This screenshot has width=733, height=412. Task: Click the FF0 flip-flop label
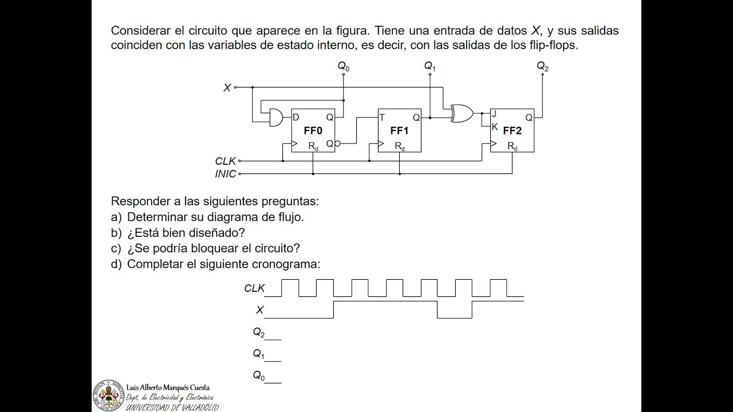pyautogui.click(x=313, y=131)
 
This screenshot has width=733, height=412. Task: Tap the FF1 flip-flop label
pyautogui.click(x=399, y=131)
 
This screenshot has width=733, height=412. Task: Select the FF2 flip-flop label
pyautogui.click(x=512, y=131)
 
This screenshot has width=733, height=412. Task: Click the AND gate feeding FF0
pyautogui.click(x=276, y=117)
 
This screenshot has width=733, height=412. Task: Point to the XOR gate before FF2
pyautogui.click(x=462, y=113)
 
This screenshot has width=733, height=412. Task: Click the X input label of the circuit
pyautogui.click(x=227, y=88)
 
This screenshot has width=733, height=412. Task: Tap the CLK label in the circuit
pyautogui.click(x=225, y=161)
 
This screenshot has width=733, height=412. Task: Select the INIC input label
pyautogui.click(x=225, y=174)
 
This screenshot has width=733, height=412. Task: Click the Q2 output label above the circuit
pyautogui.click(x=542, y=67)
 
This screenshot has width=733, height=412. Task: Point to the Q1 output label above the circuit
pyautogui.click(x=429, y=67)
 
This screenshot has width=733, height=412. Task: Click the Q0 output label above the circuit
pyautogui.click(x=343, y=67)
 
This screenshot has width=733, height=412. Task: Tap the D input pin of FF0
pyautogui.click(x=296, y=117)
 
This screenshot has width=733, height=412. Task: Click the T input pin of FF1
pyautogui.click(x=382, y=117)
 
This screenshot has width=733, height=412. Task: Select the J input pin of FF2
pyautogui.click(x=494, y=114)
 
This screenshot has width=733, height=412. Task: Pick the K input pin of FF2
pyautogui.click(x=494, y=126)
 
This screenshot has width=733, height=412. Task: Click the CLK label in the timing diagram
pyautogui.click(x=254, y=288)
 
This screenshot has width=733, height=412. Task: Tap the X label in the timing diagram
pyautogui.click(x=259, y=310)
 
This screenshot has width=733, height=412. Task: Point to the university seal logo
pyautogui.click(x=108, y=395)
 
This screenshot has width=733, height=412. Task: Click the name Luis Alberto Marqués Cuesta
pyautogui.click(x=168, y=387)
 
